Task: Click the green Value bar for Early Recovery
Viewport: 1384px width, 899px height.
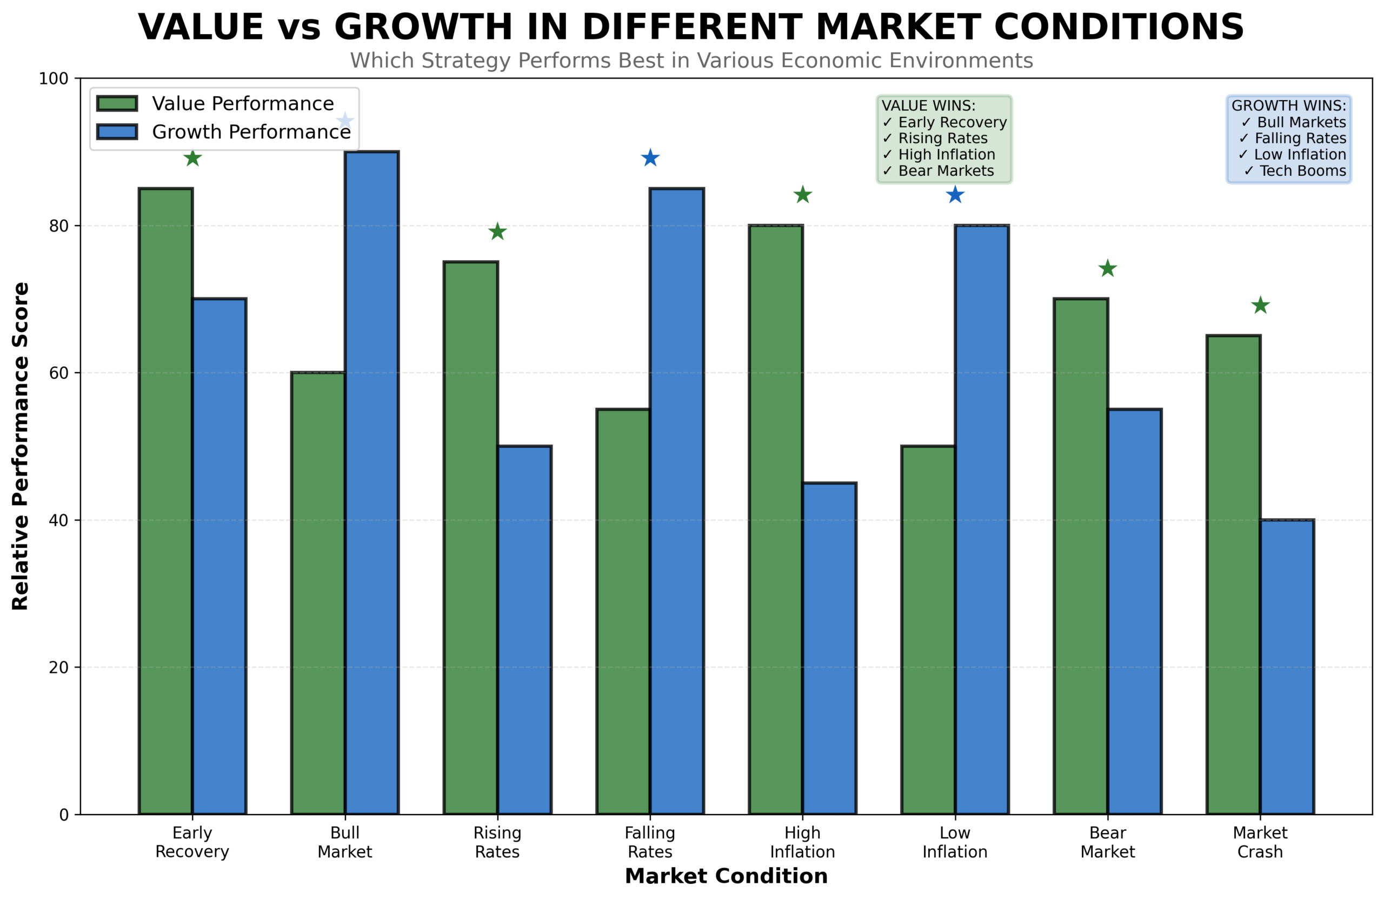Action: coord(166,500)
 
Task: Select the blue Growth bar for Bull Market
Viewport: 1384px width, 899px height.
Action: coord(371,483)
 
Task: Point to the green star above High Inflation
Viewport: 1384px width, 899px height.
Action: coord(802,195)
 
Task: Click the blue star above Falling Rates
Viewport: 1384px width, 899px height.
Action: coord(650,158)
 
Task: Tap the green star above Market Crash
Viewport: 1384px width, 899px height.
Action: coord(1260,306)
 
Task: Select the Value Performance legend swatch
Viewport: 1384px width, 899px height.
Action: coord(117,103)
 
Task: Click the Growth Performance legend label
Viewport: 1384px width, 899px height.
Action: coord(251,132)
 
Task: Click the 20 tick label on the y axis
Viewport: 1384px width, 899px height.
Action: coord(59,667)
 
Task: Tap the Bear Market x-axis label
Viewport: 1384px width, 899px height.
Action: coord(1107,842)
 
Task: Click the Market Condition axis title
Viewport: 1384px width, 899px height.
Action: coord(726,876)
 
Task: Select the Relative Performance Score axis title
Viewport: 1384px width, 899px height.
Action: coord(21,446)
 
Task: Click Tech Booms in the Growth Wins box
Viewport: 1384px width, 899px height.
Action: coord(1302,171)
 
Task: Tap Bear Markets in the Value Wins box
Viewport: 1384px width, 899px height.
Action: coord(946,171)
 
